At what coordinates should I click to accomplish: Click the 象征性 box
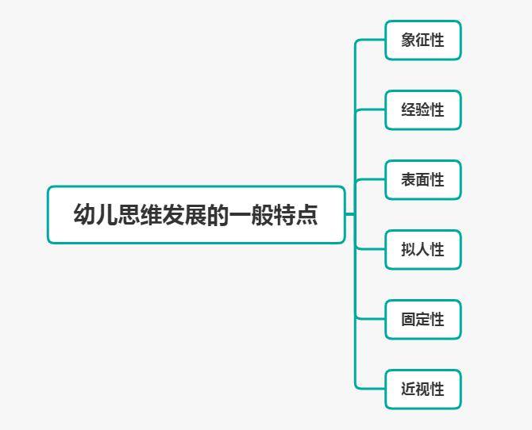[x=423, y=40]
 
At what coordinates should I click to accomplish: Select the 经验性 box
[x=423, y=109]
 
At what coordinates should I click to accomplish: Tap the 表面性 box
[x=423, y=180]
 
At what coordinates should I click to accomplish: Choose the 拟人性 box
[x=423, y=250]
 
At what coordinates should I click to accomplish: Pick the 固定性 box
[x=423, y=320]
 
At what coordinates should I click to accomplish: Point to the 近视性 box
[x=423, y=390]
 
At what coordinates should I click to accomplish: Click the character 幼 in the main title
[x=84, y=214]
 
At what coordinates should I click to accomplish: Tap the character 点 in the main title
[x=306, y=214]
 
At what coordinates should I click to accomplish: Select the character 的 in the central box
[x=218, y=214]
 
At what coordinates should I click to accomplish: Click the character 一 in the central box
[x=240, y=214]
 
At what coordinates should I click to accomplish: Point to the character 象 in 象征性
[x=408, y=40]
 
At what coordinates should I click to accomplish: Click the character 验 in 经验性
[x=422, y=109]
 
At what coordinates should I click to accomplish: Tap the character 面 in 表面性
[x=422, y=180]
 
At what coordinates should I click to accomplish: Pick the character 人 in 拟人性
[x=422, y=250]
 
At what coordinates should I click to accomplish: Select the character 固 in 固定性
[x=408, y=320]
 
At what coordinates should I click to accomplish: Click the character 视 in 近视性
[x=422, y=390]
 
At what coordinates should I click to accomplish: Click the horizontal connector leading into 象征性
[x=371, y=40]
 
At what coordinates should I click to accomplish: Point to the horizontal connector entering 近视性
[x=371, y=389]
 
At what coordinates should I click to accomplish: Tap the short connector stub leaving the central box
[x=350, y=214]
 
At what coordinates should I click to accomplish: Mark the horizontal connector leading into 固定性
[x=371, y=319]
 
